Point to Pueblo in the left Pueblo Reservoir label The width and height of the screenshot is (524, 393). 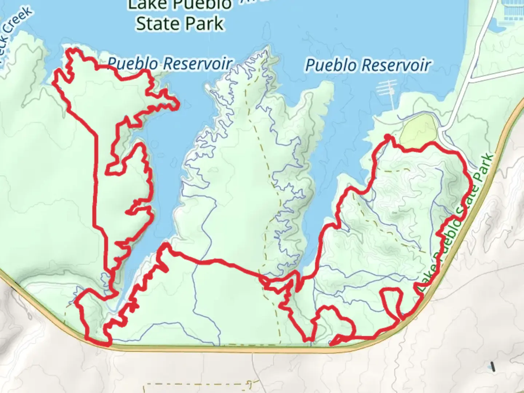133,64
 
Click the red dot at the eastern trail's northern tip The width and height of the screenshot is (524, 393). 388,137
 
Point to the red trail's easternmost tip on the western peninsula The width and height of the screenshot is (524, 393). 178,105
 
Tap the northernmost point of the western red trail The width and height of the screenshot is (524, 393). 74,50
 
